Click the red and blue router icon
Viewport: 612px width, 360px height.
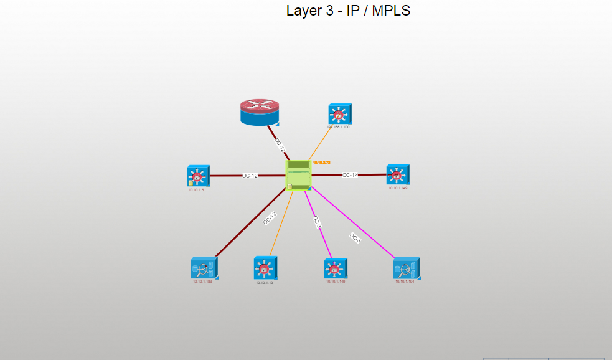(x=260, y=113)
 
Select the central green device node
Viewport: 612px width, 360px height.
(x=298, y=175)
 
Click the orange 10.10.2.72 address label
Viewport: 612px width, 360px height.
(x=321, y=163)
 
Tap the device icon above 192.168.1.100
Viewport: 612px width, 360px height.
(x=339, y=114)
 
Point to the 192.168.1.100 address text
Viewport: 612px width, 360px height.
(x=338, y=127)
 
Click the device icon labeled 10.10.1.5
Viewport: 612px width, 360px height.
(x=198, y=176)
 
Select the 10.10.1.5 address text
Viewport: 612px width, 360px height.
(x=197, y=189)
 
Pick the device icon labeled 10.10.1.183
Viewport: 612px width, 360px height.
(x=204, y=268)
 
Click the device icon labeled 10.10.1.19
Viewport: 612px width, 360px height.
(x=265, y=268)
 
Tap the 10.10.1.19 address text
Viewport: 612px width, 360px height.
(x=265, y=282)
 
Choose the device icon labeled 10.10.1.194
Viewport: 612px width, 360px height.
(x=406, y=268)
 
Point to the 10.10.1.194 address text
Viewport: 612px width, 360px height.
(x=405, y=282)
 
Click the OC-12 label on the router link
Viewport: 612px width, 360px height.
(x=280, y=146)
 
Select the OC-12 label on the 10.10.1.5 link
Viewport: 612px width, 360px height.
(x=250, y=176)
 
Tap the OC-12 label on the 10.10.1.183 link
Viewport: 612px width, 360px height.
(x=269, y=218)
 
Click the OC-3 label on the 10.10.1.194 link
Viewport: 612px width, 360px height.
(x=355, y=237)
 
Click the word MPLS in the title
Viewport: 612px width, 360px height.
(x=391, y=11)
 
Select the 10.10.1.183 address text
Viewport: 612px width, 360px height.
(x=202, y=282)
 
